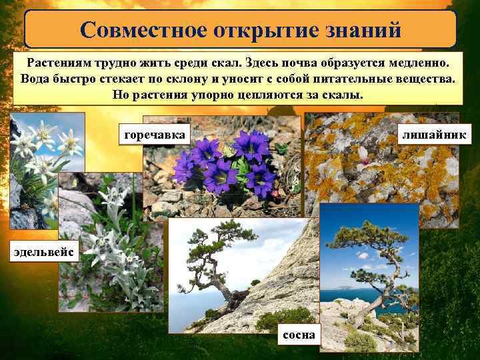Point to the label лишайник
click(x=434, y=135)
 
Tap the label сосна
click(x=299, y=334)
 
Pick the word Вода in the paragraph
click(x=34, y=79)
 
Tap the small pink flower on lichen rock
click(x=363, y=157)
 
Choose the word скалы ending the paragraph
click(x=346, y=94)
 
